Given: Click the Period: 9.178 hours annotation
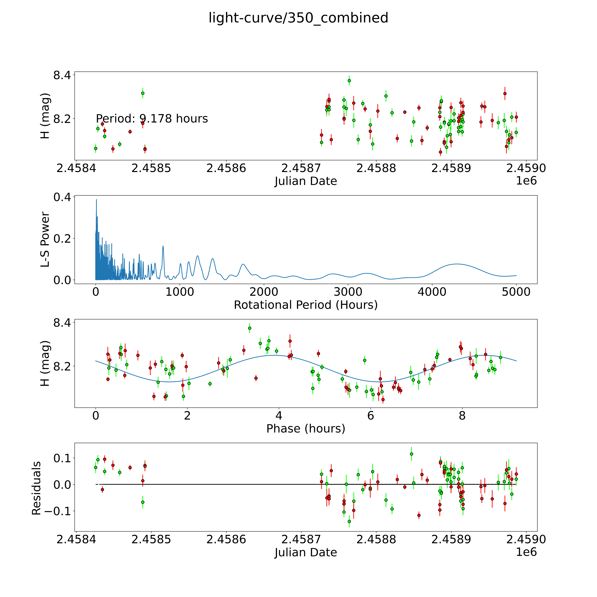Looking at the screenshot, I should point(152,119).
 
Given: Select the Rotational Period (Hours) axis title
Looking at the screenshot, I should point(306,305).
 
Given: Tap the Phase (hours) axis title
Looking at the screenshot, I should point(306,429).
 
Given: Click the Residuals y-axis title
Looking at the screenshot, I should point(36,488).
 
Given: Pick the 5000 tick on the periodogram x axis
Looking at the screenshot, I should point(516,292).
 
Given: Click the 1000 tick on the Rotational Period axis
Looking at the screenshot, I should point(180,292).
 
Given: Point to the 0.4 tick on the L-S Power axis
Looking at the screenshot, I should point(62,197).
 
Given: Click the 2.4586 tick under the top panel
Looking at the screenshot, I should point(226,168).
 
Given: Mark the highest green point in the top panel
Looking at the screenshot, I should point(349,81).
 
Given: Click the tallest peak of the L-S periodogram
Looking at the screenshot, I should point(96,200).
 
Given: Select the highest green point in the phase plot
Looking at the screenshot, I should point(250,328).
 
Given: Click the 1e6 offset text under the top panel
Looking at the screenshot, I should point(526,181).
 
